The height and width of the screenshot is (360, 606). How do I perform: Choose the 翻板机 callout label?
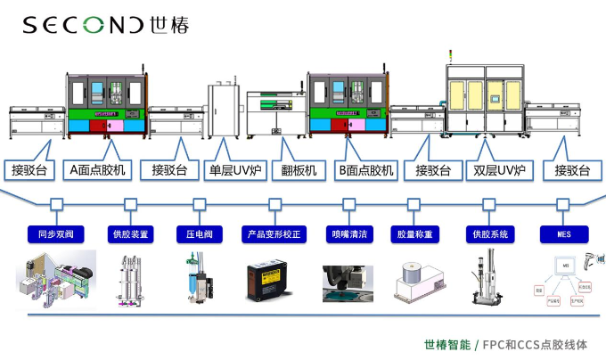[299, 169]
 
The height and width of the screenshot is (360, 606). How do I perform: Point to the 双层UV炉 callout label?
[499, 169]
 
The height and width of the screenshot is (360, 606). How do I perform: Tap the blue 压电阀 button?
[201, 233]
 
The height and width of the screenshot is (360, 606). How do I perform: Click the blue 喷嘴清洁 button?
[347, 233]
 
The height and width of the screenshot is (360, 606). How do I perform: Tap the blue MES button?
[564, 233]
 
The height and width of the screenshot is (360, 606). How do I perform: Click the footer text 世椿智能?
[447, 344]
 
